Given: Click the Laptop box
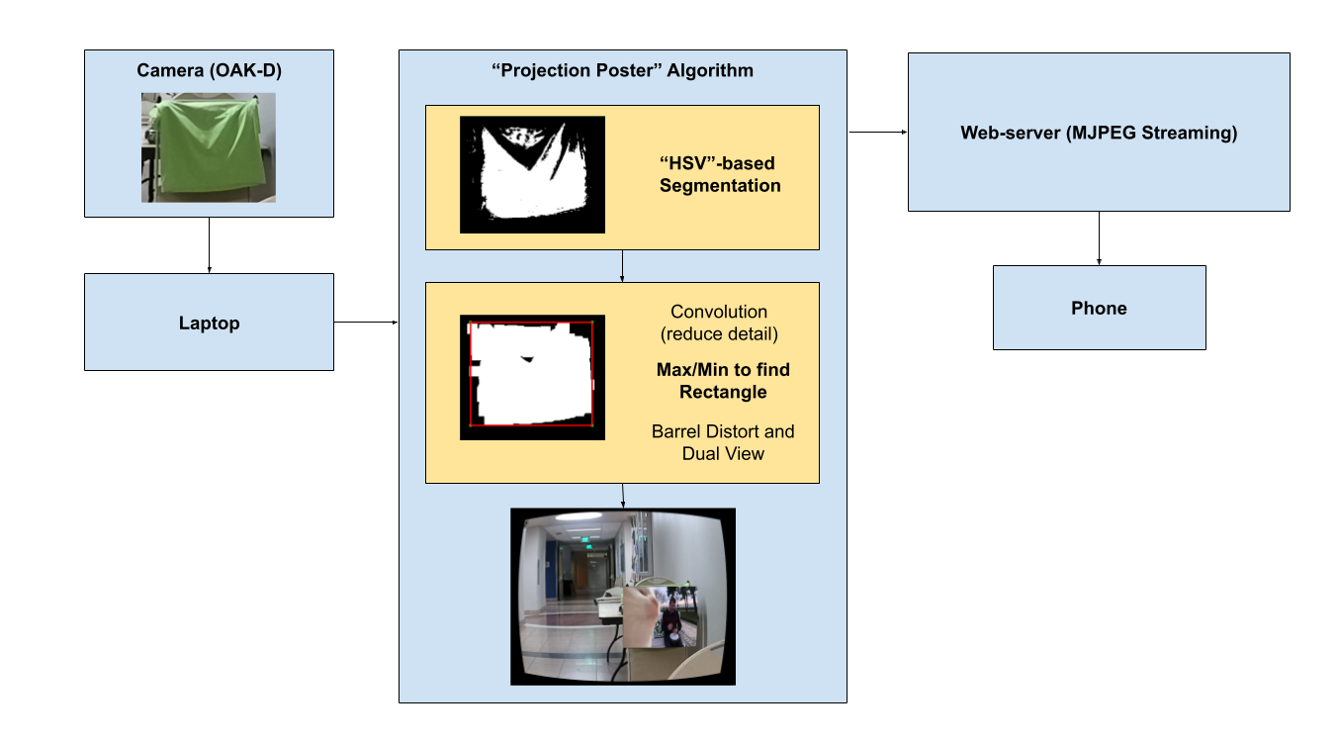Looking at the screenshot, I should [x=209, y=323].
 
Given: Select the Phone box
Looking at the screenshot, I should [x=1099, y=308].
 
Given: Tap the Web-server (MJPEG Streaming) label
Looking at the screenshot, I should [x=1099, y=133].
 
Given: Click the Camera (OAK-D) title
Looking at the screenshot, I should [x=209, y=70].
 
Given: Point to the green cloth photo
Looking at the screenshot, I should [x=208, y=147].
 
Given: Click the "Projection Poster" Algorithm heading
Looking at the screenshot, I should [x=622, y=70].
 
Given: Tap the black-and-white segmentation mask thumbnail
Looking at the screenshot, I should [x=532, y=175].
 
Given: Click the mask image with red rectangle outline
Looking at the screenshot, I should [x=532, y=377].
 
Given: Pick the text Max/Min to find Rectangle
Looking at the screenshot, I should [x=723, y=381].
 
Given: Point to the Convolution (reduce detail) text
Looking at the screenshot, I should [x=718, y=323].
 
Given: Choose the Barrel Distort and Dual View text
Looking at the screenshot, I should [x=723, y=442].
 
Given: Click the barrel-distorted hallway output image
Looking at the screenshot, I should [x=623, y=597].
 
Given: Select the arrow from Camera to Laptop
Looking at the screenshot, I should [x=209, y=244].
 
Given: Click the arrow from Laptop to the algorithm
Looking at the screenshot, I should [x=366, y=322].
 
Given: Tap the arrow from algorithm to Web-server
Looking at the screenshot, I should [x=877, y=132].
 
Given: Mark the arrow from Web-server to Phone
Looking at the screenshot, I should [x=1099, y=237].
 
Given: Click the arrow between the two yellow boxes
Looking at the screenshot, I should [x=622, y=265].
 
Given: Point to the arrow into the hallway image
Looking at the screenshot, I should [x=622, y=496].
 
